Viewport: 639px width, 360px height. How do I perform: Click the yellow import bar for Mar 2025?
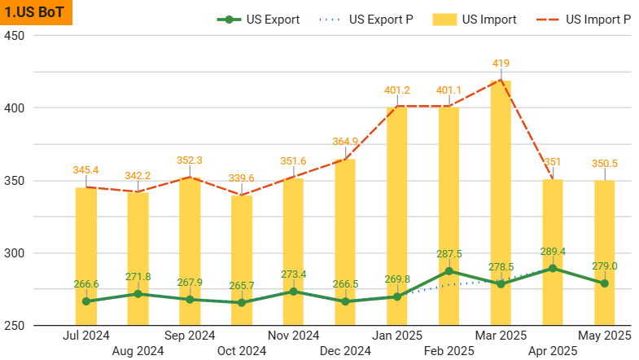click(x=501, y=204)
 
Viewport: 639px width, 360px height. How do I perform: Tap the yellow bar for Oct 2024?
click(x=242, y=261)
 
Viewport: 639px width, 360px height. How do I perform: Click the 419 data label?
click(x=501, y=63)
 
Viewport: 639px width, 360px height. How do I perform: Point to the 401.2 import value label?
click(x=396, y=90)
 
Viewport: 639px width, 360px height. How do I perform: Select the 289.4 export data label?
click(x=553, y=252)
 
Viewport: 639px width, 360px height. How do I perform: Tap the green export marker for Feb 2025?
click(x=449, y=271)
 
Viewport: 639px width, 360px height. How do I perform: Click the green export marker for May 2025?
click(x=604, y=283)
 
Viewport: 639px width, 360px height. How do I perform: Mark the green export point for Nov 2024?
click(x=293, y=292)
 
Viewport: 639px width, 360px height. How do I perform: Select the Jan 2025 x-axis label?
click(x=397, y=335)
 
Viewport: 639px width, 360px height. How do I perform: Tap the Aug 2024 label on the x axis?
click(x=138, y=351)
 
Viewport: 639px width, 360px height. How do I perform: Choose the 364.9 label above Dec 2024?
click(x=345, y=142)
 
